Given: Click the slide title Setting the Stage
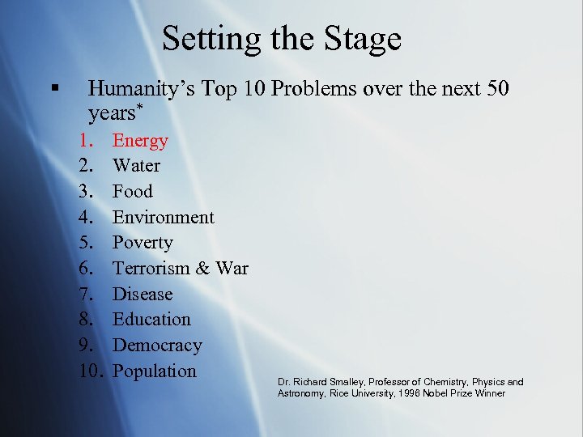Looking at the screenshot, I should [x=281, y=39].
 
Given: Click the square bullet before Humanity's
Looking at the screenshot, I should [x=54, y=87].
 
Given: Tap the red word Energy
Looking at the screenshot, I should [x=140, y=141].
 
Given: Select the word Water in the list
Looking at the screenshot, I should [x=136, y=166].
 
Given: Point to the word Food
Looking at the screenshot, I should [x=132, y=192].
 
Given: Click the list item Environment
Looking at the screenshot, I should [x=163, y=217].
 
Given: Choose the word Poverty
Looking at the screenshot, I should [x=143, y=243].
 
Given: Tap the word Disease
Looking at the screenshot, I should [x=142, y=294].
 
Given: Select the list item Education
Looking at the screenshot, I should [x=151, y=320].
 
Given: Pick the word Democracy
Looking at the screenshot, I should [x=157, y=345].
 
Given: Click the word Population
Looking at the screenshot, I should [x=154, y=371].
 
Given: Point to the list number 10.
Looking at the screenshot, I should [x=92, y=371].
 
